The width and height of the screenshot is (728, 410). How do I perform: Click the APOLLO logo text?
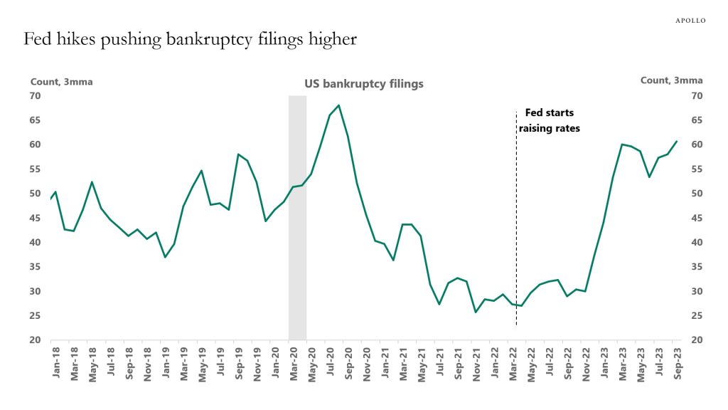pos(690,21)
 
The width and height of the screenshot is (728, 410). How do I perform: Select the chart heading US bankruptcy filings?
pos(364,84)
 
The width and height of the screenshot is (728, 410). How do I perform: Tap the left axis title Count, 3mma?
pos(61,81)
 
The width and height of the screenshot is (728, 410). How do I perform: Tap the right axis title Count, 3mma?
pos(671,80)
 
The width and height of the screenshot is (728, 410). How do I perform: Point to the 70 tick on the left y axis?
pos(35,95)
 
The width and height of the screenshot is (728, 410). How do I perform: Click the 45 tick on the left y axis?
pos(35,218)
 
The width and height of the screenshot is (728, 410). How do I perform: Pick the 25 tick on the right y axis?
pos(697,315)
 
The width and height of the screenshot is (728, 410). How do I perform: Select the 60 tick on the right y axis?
pos(697,144)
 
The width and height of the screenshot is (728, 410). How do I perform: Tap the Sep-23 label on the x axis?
pos(676,363)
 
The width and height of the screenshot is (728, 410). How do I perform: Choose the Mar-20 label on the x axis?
pos(292,363)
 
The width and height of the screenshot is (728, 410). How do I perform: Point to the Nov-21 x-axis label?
pos(476,363)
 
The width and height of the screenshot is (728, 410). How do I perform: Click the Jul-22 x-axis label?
pos(549,363)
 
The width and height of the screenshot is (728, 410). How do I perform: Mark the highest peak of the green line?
pos(338,105)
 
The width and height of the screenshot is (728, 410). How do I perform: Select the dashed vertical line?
pos(516,228)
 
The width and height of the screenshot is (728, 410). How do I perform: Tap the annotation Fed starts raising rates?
pos(549,120)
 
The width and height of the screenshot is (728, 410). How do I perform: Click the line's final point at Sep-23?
pos(676,141)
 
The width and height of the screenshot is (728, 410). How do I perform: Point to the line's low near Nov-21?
pos(476,312)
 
